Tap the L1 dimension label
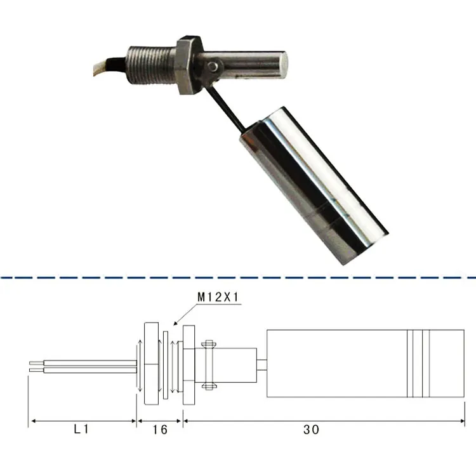(81, 430)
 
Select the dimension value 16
(160, 430)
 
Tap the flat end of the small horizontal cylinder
(286, 64)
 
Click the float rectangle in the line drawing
(336, 364)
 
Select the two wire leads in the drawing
(83, 365)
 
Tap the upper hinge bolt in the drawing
(209, 345)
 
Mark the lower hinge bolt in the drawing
(209, 384)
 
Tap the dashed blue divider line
(238, 277)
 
